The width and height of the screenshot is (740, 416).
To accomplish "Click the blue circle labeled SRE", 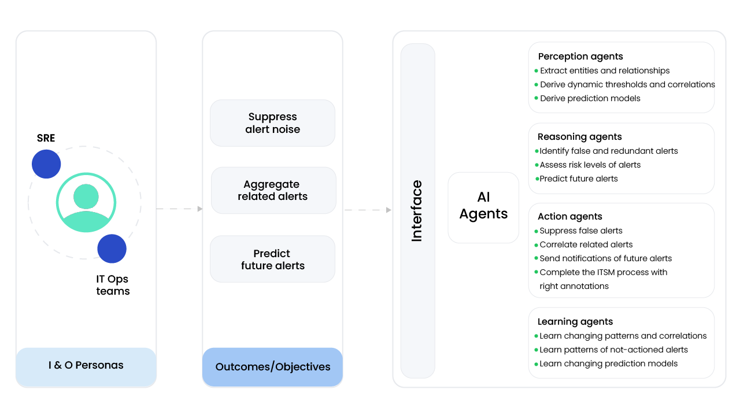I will [46, 164].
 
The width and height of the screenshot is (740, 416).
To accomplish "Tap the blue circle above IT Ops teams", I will [112, 249].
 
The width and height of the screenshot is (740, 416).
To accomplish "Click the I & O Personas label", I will [86, 365].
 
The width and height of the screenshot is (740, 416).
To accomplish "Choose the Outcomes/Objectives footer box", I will [273, 367].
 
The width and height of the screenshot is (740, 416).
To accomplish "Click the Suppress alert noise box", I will [272, 123].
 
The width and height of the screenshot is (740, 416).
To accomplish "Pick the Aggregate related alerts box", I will [273, 191].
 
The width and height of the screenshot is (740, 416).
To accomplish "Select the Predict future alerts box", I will [272, 259].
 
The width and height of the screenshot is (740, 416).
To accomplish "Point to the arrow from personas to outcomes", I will [179, 209].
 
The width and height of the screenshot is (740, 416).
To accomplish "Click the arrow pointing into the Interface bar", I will [368, 210].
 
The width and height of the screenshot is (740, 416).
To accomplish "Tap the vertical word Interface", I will [417, 211].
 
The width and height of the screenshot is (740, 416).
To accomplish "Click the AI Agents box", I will [483, 207].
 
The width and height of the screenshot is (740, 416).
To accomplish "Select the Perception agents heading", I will [580, 57].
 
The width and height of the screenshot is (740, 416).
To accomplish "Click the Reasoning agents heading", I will [579, 137].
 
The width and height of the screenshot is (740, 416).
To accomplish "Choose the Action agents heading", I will [569, 217].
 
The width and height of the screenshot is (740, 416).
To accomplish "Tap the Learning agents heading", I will [575, 322].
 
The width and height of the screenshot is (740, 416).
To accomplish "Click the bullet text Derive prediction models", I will [590, 98].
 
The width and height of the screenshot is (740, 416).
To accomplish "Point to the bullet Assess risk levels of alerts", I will [590, 165].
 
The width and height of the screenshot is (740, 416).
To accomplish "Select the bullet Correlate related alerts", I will [586, 244].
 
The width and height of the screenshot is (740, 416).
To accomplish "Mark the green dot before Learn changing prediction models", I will [536, 364].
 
